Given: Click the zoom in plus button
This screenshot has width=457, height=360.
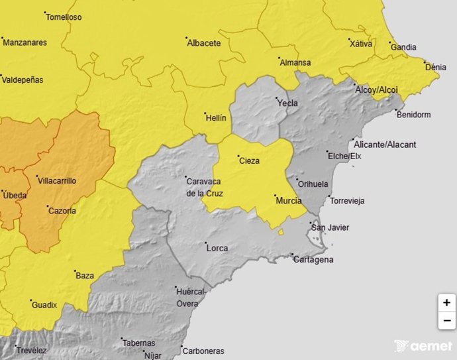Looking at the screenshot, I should point(446,302).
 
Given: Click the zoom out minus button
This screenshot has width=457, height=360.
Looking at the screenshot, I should point(446,321).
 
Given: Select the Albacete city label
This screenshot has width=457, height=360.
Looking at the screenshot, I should point(203,43).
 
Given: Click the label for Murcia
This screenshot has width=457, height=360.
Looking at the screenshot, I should point(288,200).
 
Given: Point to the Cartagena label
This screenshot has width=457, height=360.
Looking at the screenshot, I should point(313,259).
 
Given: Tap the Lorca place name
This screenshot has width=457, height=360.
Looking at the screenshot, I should point(217,249).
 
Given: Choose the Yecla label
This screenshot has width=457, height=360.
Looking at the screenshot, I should point(287,103).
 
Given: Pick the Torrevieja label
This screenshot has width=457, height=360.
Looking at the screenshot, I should point(347,201).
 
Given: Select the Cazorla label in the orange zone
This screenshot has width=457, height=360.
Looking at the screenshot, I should point(62,211).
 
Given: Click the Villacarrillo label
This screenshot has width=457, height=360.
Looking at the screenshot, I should point(58,181).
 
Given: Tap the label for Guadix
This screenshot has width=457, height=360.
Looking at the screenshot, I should point(44,305).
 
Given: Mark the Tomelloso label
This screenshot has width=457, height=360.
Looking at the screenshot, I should point(65,17).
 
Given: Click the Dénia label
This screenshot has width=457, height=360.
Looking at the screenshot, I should point(435,68).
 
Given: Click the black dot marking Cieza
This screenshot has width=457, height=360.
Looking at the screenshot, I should point(238,156).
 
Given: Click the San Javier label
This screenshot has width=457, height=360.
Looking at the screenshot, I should point(330,228).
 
